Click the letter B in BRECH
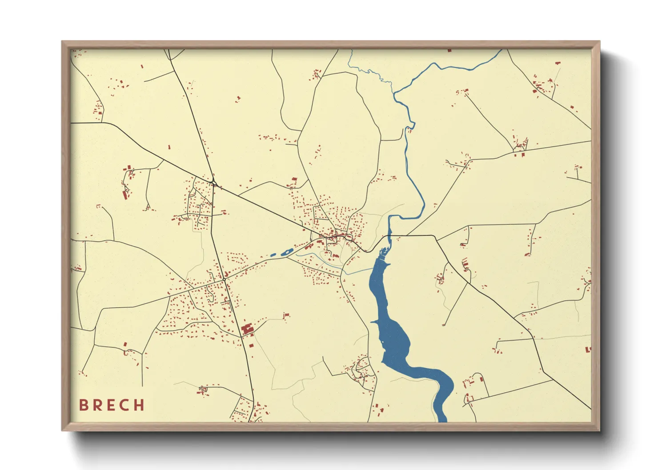point(83,405)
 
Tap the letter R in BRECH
point(97,405)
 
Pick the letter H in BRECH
point(140,405)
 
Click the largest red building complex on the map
point(247,330)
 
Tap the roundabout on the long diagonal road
point(214,183)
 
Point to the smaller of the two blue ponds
point(273,255)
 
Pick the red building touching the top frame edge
point(449,50)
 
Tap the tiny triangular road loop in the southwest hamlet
point(203,390)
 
